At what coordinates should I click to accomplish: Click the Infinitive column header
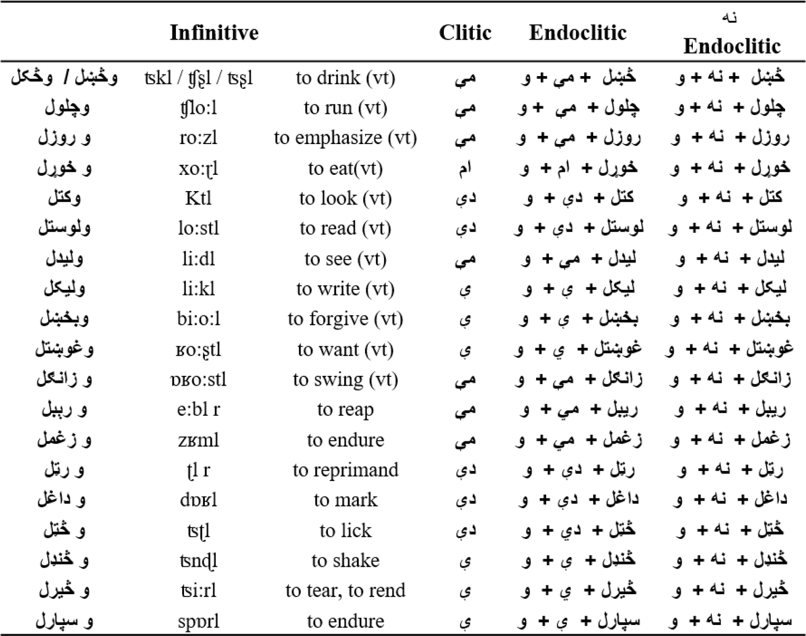pos(214,33)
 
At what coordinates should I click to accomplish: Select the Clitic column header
pos(465,33)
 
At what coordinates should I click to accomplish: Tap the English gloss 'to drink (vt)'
pos(345,78)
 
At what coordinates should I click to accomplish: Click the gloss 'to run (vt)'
pos(345,108)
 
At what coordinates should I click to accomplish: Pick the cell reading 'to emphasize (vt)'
pos(345,138)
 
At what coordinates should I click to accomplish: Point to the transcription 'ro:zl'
pos(198,138)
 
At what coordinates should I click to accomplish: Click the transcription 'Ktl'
pos(198,199)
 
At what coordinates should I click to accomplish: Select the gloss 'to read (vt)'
pos(345,229)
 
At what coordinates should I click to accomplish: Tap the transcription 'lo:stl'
pos(198,229)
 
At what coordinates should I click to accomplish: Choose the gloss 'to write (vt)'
pos(345,289)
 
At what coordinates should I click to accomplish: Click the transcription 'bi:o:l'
pos(198,319)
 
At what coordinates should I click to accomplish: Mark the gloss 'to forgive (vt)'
pos(345,319)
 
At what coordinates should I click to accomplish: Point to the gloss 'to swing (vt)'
pos(345,380)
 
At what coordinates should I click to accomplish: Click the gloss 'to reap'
pos(345,410)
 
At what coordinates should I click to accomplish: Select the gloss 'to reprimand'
pos(345,470)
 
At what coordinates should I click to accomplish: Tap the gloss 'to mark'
pos(345,500)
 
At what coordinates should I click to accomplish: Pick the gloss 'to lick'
pos(345,530)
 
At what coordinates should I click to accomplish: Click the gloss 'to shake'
pos(345,560)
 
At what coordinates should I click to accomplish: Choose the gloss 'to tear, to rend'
pos(345,591)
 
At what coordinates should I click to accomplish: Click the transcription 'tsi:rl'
pos(198,591)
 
